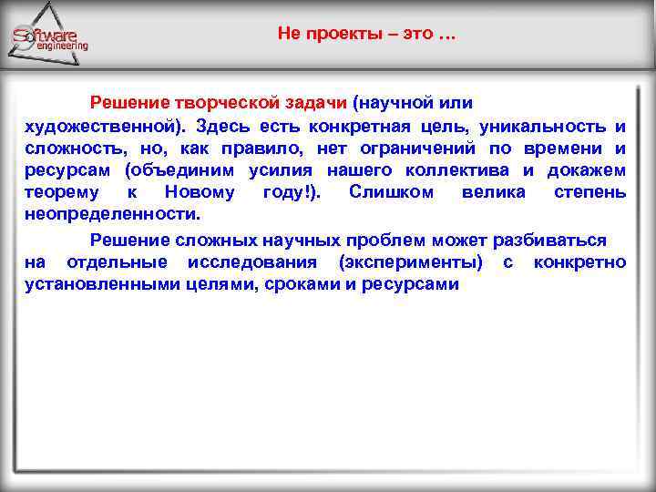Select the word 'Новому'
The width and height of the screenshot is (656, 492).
pos(200,193)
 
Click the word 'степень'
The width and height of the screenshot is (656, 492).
pos(589,193)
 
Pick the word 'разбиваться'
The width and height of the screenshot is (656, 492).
pos(549,240)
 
